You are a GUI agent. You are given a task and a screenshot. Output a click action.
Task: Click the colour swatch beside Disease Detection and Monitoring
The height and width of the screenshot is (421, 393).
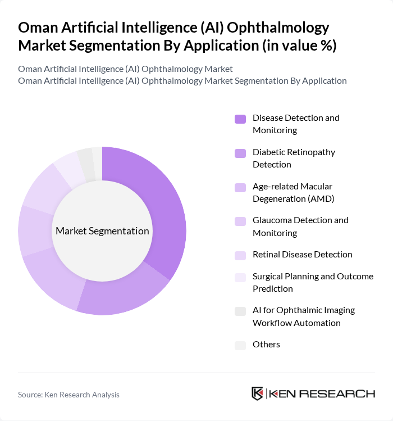(x=240, y=119)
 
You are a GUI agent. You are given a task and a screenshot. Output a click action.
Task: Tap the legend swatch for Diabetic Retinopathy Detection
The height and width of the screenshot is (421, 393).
(x=240, y=153)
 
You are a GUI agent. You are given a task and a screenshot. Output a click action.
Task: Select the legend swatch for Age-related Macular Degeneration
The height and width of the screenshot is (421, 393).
(x=240, y=187)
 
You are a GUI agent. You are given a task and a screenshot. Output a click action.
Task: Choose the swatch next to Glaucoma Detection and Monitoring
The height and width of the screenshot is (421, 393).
(x=240, y=221)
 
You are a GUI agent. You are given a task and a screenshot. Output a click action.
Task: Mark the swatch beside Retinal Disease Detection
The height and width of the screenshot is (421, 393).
(x=240, y=255)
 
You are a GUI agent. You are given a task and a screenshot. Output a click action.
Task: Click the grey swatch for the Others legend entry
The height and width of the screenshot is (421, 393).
(x=240, y=345)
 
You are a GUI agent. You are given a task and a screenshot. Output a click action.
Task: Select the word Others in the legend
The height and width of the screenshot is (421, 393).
(x=266, y=345)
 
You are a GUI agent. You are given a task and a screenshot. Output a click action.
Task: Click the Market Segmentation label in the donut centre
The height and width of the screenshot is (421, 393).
(x=102, y=231)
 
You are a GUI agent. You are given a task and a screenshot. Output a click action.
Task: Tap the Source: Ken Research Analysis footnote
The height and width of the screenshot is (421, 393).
(x=68, y=395)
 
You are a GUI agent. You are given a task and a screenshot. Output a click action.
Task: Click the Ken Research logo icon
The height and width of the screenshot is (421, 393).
(x=258, y=393)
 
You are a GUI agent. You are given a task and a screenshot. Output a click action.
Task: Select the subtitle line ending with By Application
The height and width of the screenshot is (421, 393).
(x=182, y=80)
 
